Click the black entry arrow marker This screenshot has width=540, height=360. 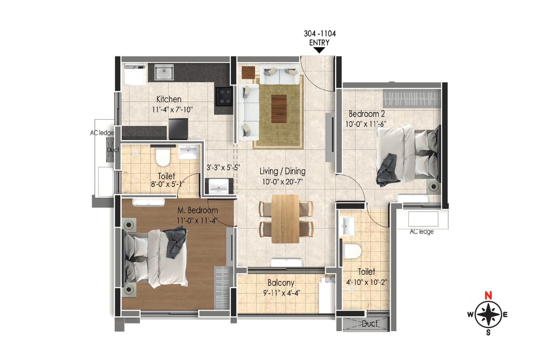(319, 50)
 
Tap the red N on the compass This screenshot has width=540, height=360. (488, 296)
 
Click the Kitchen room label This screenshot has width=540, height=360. (169, 99)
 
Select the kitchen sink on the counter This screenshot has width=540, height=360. (164, 73)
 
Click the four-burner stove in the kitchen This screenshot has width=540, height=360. (224, 96)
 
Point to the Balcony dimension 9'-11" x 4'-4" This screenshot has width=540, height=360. (281, 293)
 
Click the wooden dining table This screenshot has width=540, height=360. (285, 219)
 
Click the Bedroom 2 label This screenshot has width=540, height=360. (366, 114)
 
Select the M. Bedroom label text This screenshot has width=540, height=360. (197, 210)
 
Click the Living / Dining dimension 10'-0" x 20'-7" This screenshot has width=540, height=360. (282, 182)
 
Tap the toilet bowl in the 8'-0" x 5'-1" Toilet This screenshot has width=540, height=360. (163, 157)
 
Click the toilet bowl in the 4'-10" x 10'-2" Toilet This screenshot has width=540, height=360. (352, 251)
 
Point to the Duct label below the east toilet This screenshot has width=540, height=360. (370, 324)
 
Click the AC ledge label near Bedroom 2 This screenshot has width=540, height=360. (422, 232)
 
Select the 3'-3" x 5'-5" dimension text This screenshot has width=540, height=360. (223, 167)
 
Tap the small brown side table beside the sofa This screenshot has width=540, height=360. (248, 72)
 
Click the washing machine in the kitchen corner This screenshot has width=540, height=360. (135, 75)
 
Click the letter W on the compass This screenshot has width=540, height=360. (470, 315)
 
